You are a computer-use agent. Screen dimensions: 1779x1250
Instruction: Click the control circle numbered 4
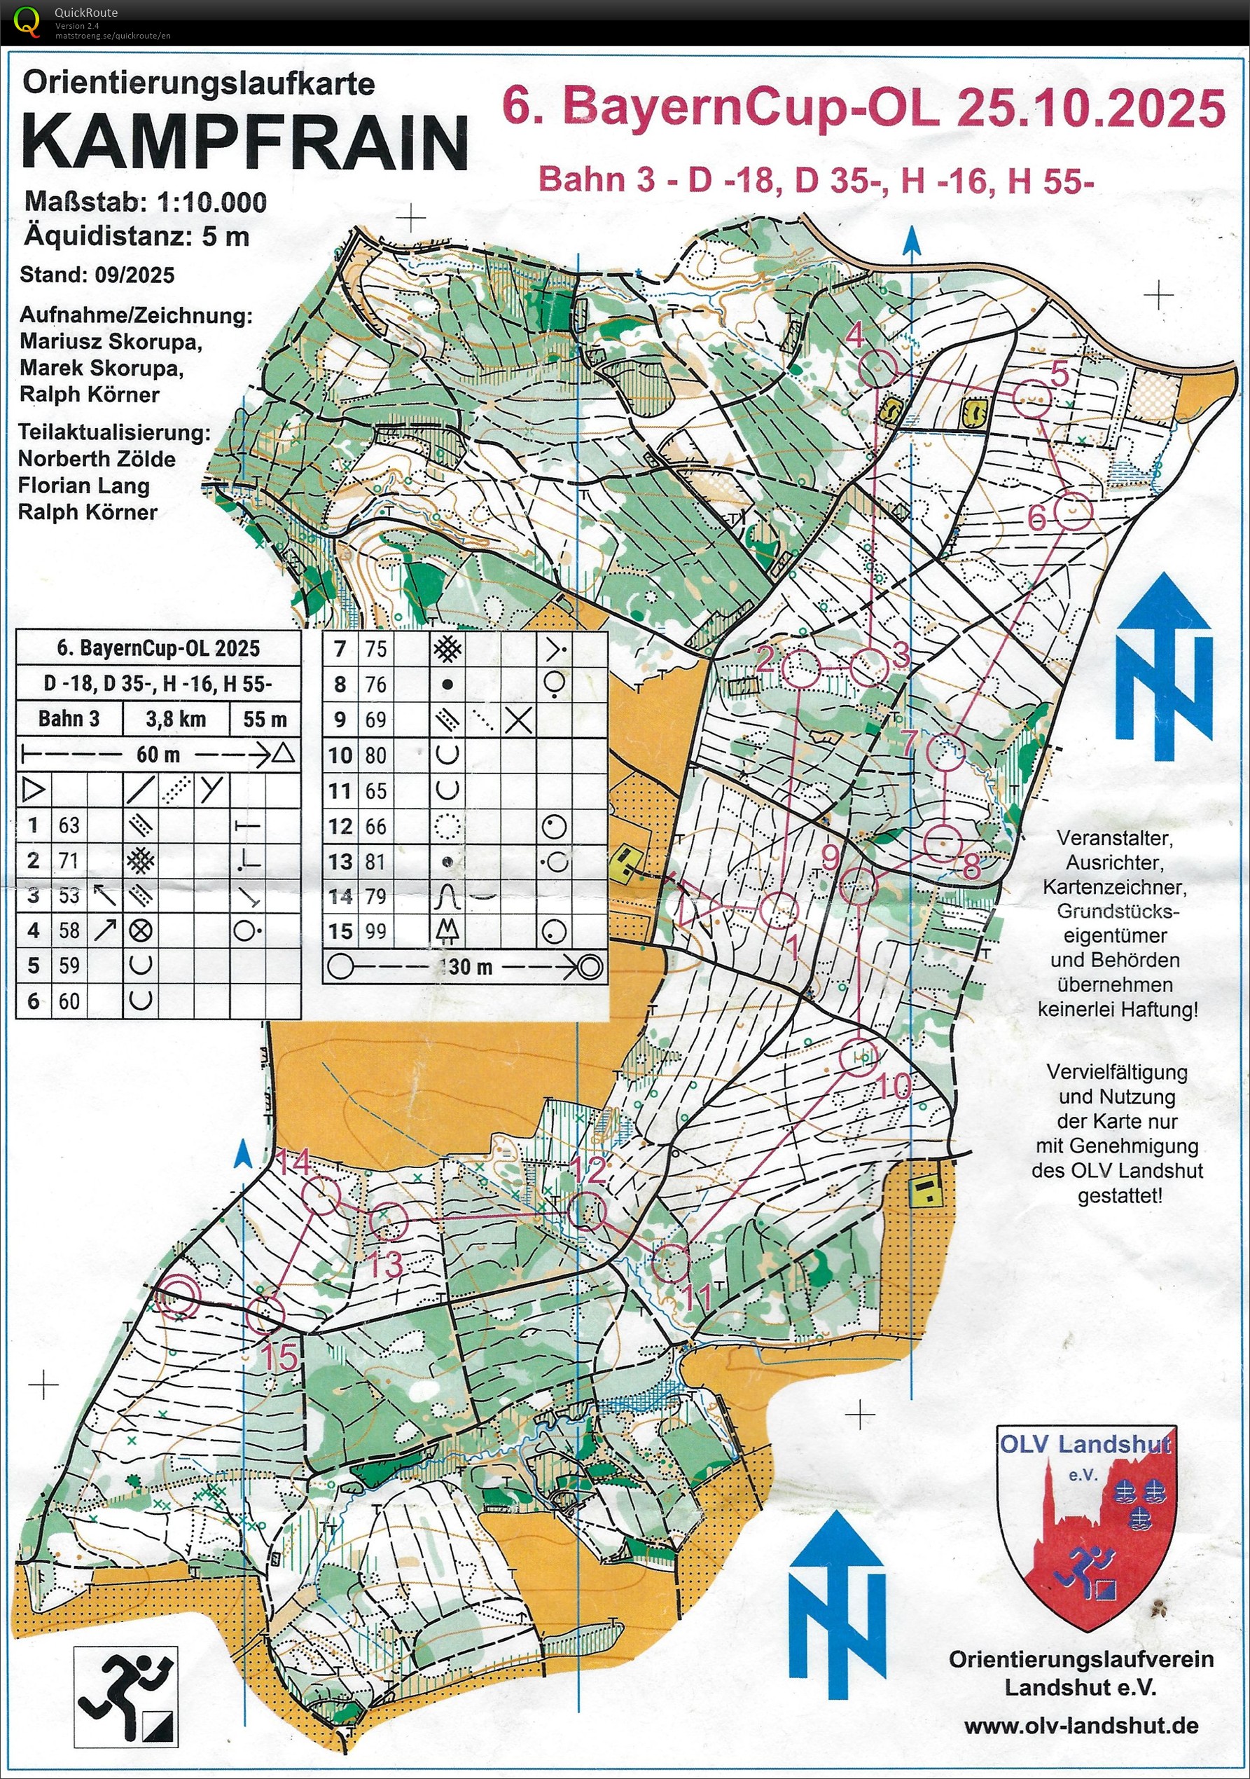tap(878, 369)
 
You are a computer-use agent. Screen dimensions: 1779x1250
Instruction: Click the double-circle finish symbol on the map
tap(177, 1295)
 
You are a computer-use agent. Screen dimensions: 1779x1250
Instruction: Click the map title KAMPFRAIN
tap(244, 141)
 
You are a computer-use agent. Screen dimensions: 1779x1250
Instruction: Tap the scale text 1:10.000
tap(211, 203)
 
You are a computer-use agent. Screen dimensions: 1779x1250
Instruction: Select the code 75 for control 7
tap(375, 649)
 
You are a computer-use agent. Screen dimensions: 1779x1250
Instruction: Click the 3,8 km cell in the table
tap(176, 719)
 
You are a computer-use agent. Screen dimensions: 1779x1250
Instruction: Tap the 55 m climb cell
tap(265, 719)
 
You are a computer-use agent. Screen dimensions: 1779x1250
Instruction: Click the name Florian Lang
tap(83, 486)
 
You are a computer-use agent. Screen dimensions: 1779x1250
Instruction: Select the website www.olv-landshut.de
tap(1081, 1726)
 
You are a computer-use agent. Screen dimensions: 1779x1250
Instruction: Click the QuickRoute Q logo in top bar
tap(27, 21)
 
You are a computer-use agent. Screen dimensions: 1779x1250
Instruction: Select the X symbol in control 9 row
tap(518, 720)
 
